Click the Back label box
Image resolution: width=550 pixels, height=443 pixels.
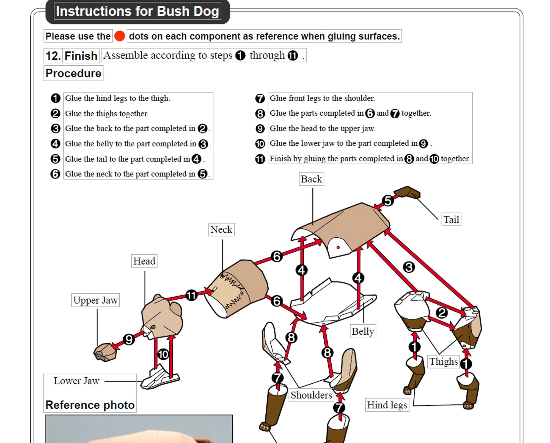coord(311,179)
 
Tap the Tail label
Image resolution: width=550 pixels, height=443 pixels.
coord(451,219)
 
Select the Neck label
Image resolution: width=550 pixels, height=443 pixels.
coord(221,230)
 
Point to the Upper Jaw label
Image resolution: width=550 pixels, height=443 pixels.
coord(95,300)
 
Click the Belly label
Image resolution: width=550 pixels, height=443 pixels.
coord(363,331)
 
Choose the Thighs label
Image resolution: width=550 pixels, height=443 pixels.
coord(444,361)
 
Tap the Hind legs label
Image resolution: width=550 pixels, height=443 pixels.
coord(387,405)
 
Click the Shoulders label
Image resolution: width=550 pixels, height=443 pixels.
coord(311,395)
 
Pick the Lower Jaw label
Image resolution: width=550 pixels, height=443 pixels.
coord(76,381)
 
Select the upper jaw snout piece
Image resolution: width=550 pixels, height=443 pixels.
coord(105,352)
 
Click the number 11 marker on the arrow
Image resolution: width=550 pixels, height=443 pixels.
coord(191,296)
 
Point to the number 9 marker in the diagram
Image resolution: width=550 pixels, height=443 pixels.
coord(129,339)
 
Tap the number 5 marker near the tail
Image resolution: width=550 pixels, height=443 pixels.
coord(388,201)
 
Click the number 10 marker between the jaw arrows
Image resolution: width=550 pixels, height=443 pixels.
coord(163,354)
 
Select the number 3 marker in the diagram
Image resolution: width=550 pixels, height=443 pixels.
coord(409,267)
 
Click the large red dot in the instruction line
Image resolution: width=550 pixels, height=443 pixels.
coord(120,36)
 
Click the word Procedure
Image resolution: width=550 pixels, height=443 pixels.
coord(73,73)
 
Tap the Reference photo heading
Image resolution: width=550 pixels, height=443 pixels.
coord(90,405)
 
